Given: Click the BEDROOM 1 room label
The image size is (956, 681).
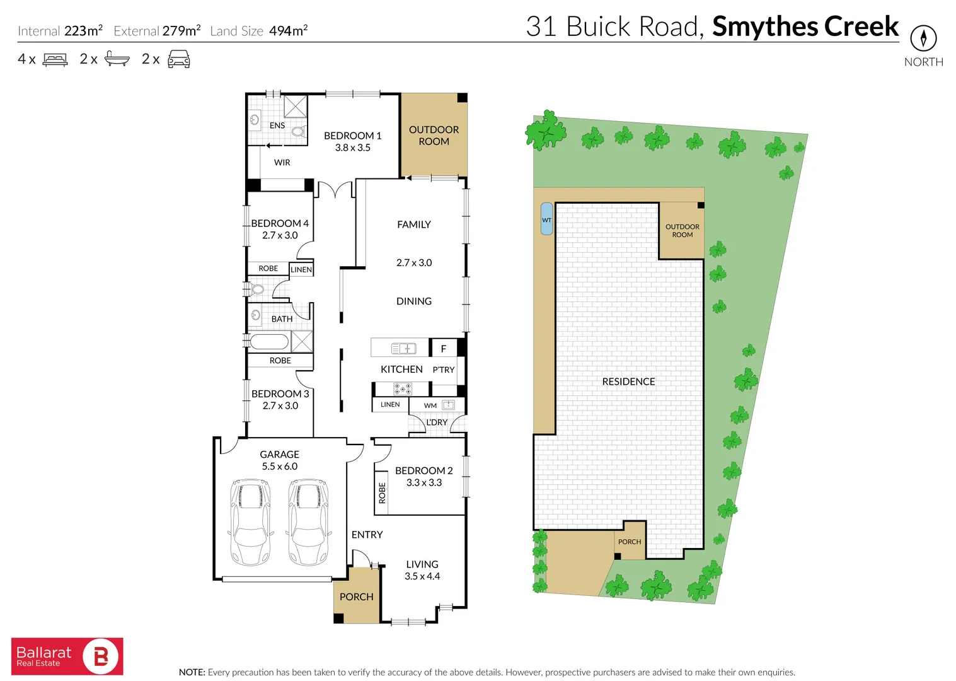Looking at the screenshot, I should [352, 136].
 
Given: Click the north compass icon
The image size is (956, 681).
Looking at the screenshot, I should [923, 38].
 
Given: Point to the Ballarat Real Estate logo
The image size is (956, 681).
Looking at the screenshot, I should [67, 656].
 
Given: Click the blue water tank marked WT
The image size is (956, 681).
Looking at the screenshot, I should [546, 219].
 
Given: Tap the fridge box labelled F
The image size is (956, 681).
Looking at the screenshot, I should [444, 348].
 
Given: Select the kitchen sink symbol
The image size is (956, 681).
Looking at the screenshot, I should [403, 348].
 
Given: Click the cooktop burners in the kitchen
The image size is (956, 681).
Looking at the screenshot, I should [403, 388].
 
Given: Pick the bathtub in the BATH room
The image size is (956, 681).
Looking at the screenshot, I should [269, 342].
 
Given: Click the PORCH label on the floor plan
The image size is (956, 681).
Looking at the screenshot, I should [356, 597].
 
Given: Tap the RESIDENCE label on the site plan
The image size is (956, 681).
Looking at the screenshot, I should [628, 381].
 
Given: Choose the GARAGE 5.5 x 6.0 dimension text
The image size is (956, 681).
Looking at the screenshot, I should [280, 467].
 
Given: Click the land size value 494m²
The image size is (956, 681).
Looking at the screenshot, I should [288, 31].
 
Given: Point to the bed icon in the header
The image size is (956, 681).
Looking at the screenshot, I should [55, 60].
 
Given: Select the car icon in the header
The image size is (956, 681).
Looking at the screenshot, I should [178, 60].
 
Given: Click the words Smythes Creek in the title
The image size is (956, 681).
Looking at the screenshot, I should [805, 26].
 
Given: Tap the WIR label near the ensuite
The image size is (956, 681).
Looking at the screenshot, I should [282, 163].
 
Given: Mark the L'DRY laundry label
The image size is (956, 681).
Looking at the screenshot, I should [437, 422].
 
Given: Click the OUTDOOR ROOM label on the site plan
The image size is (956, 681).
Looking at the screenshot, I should [682, 231].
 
